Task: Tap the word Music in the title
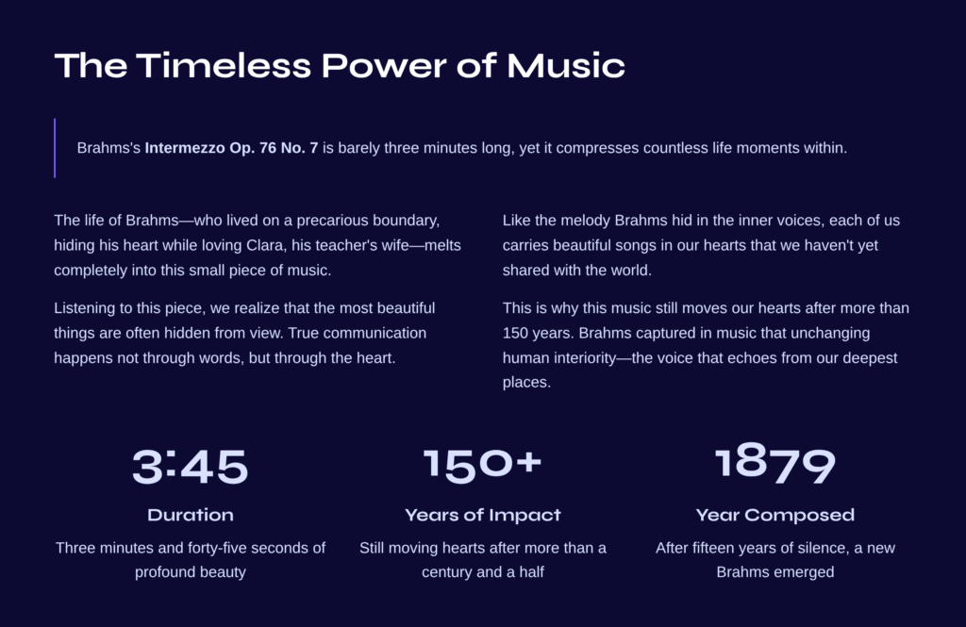click(566, 65)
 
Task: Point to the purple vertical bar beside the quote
click(55, 148)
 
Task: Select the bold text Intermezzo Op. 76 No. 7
click(231, 148)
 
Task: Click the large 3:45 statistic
click(191, 466)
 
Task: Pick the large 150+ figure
click(482, 465)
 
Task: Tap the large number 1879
click(775, 463)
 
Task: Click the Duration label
click(191, 515)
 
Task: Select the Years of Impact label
click(483, 515)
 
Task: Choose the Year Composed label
click(775, 515)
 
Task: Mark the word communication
click(375, 333)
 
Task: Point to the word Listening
click(84, 308)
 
